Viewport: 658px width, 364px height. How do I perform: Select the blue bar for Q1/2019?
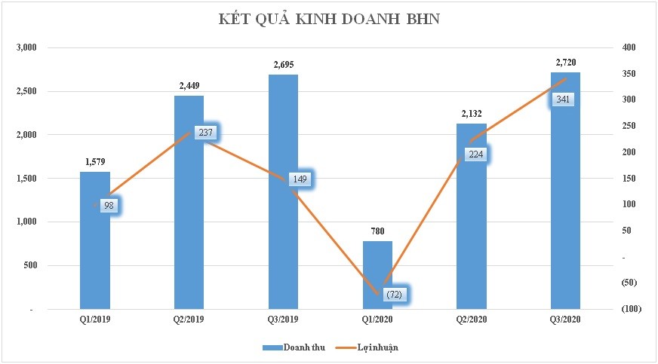94,241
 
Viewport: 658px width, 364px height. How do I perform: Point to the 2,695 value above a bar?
283,64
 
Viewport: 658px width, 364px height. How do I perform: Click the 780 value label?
377,231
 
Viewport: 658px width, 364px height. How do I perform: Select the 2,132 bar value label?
472,113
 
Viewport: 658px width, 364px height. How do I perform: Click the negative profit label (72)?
393,294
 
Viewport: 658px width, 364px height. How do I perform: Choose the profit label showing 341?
564,99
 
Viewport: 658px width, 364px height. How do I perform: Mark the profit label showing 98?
109,206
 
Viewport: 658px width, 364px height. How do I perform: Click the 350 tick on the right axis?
629,74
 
